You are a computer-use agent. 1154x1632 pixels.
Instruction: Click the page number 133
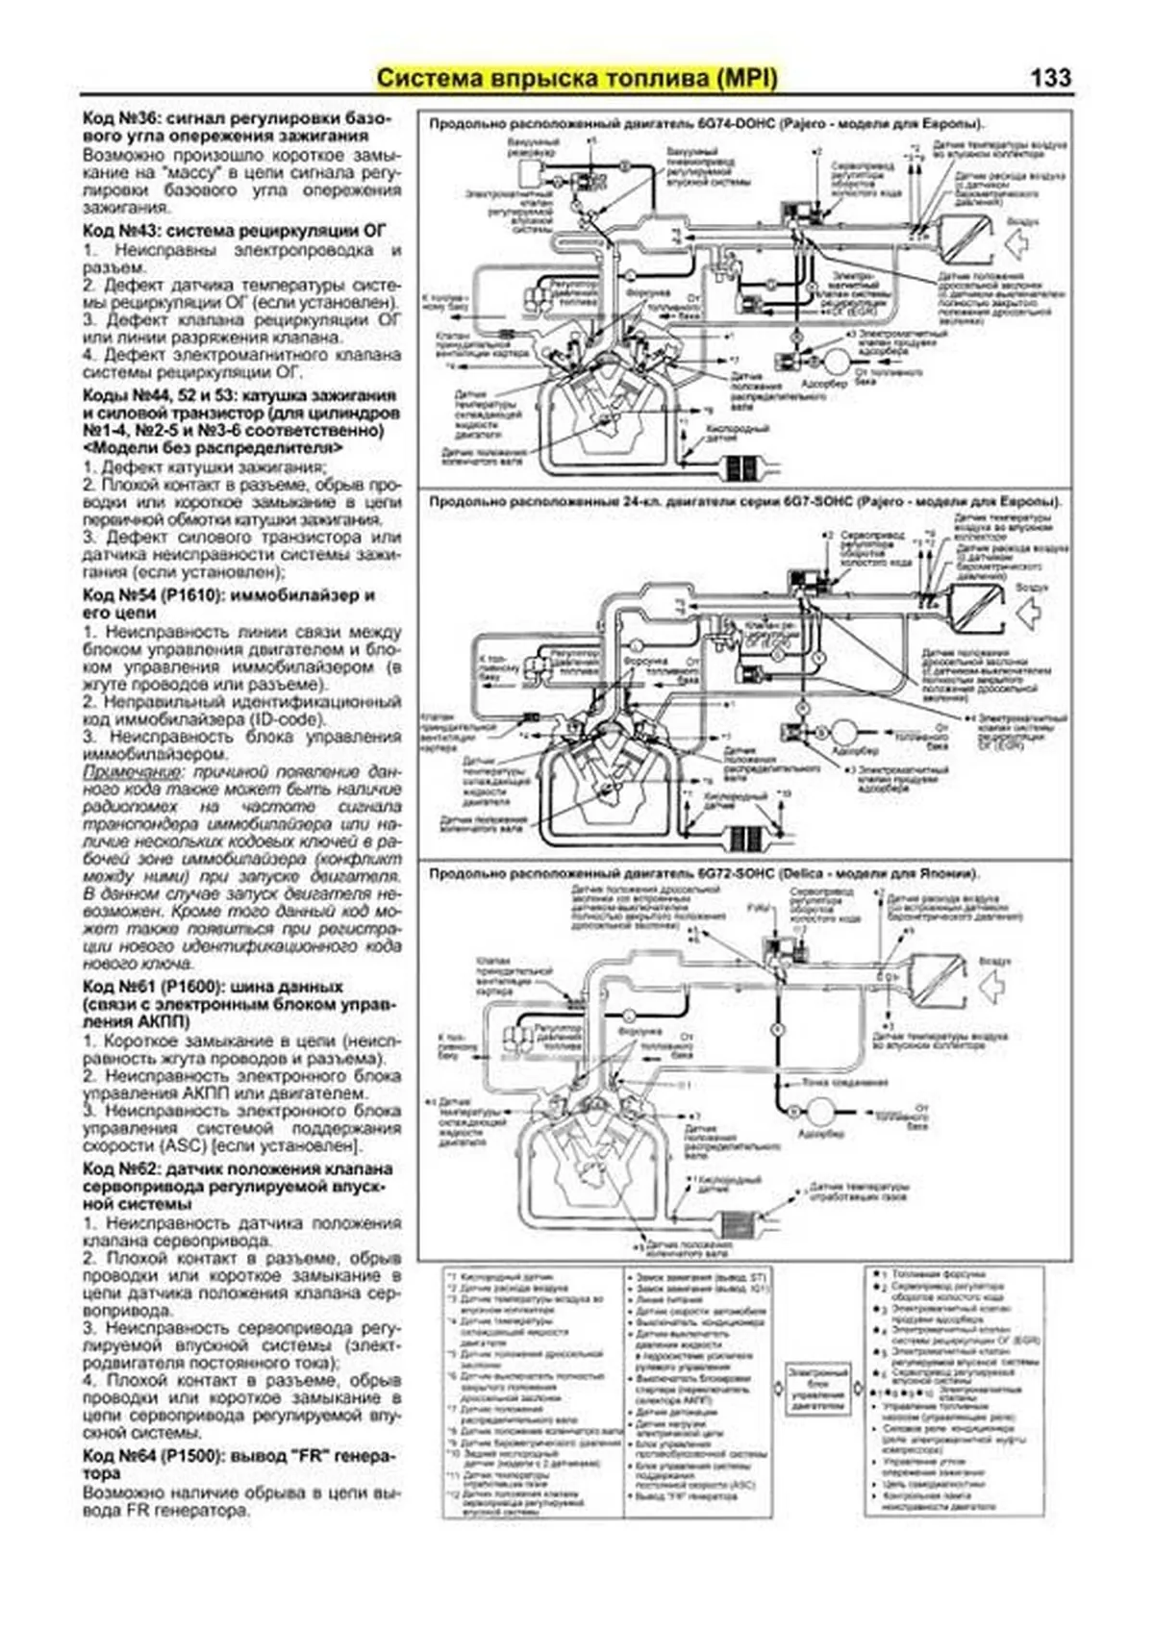pyautogui.click(x=1050, y=78)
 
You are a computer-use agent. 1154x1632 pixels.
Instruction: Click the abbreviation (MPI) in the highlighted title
pyautogui.click(x=745, y=78)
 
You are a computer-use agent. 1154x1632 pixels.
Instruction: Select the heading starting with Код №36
pyautogui.click(x=236, y=127)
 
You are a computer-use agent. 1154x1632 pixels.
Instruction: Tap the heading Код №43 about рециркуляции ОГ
pyautogui.click(x=234, y=231)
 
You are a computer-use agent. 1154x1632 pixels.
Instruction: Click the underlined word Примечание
pyautogui.click(x=131, y=772)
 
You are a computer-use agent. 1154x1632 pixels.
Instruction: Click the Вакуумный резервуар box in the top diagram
pyautogui.click(x=531, y=174)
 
